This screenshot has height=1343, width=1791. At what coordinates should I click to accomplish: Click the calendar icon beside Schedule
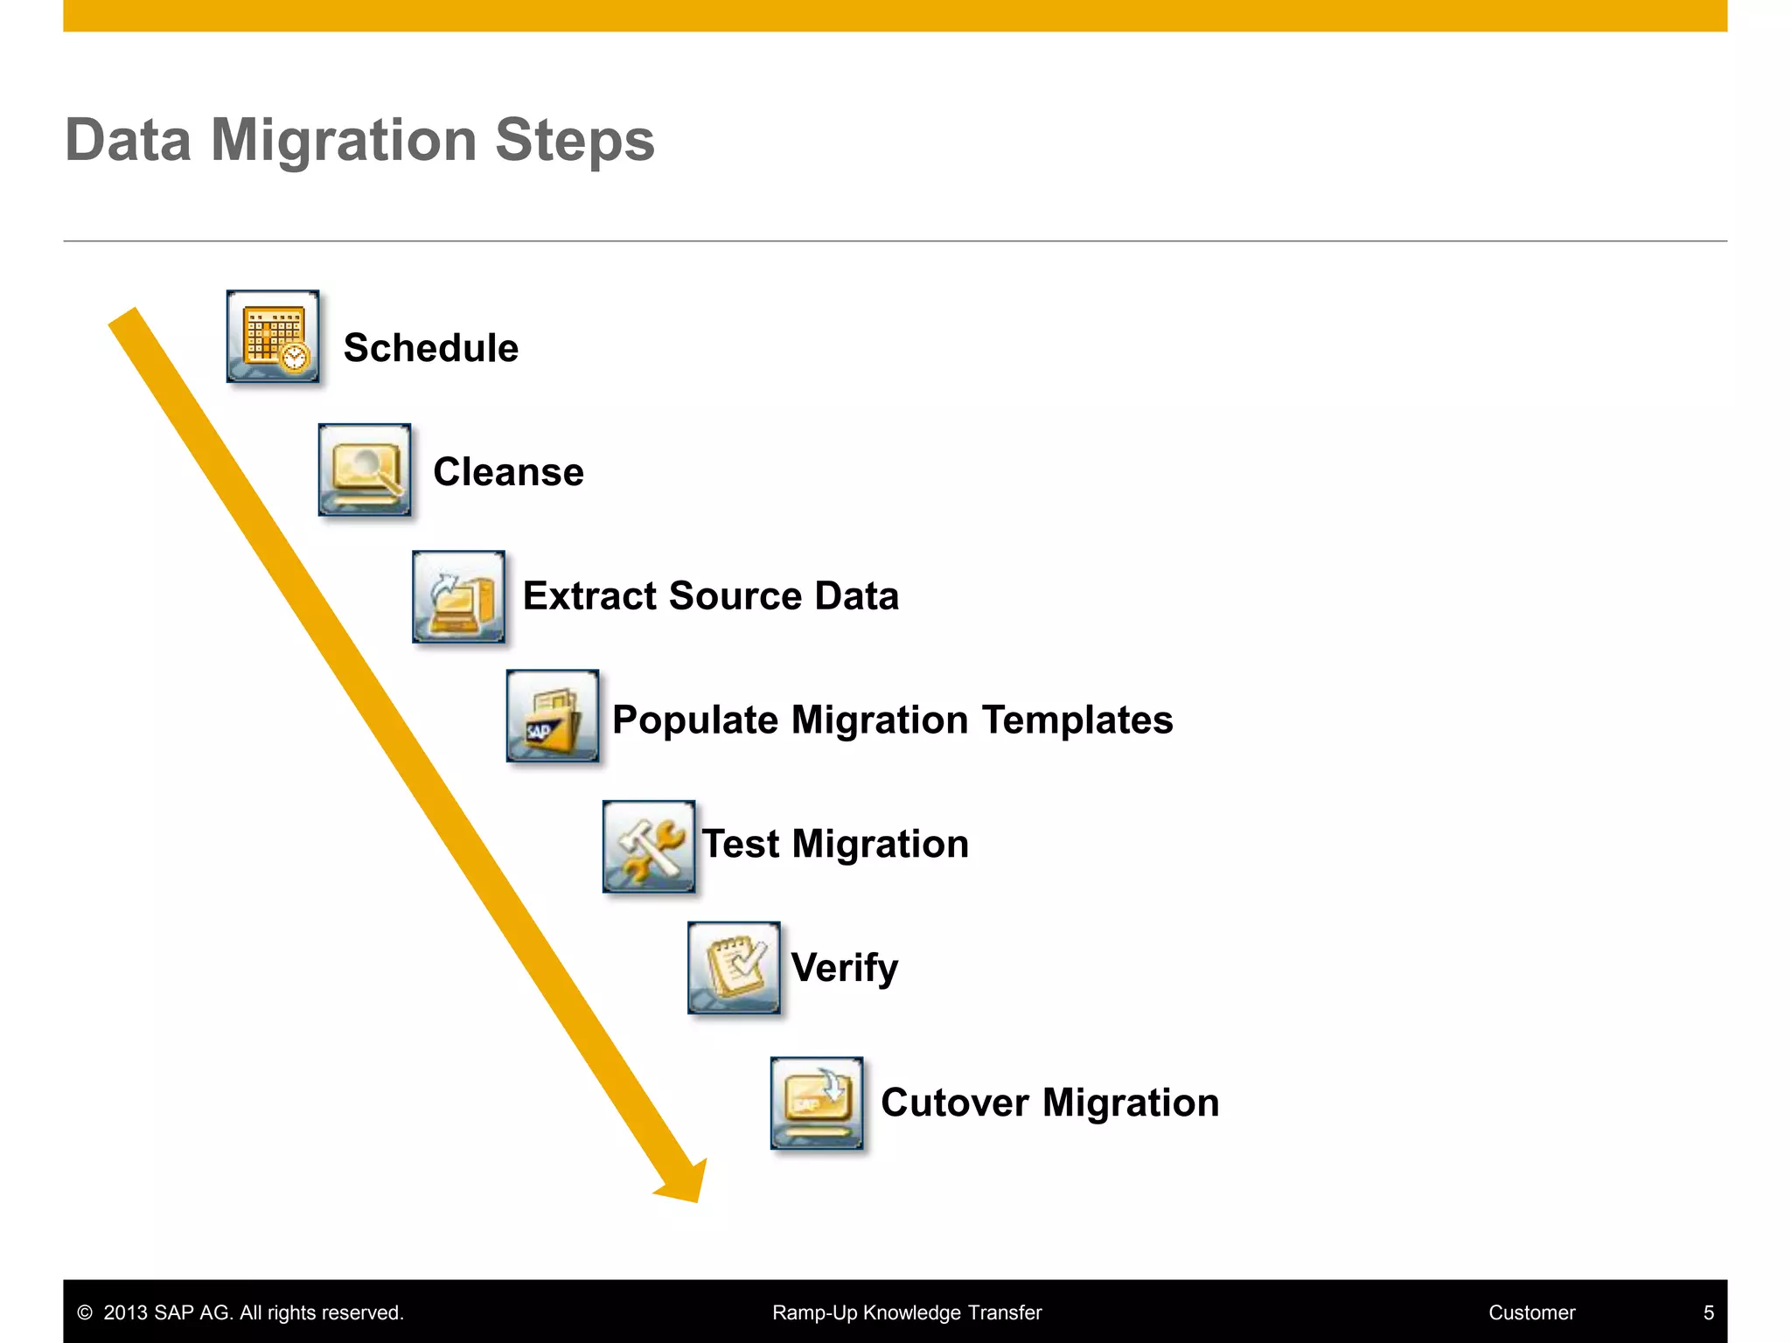273,337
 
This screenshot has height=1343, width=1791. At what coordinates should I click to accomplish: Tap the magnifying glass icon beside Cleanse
365,470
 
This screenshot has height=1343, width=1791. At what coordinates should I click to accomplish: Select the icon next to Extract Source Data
458,596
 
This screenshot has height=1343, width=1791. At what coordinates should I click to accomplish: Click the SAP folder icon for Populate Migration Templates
553,716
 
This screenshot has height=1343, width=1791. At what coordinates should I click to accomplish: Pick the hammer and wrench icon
649,846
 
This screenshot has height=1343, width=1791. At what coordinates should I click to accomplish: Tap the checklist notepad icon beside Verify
734,968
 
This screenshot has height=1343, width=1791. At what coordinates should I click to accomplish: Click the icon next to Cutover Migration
817,1103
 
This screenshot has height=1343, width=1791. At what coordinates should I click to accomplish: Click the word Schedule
431,348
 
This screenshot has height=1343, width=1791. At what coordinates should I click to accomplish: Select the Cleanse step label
508,472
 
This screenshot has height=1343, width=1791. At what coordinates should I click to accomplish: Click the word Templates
1077,720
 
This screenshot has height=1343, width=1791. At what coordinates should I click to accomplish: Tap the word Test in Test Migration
740,845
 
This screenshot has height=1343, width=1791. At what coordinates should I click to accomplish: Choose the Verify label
844,969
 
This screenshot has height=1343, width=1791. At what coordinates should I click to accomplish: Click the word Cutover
954,1103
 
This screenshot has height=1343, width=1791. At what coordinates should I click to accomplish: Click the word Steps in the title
575,141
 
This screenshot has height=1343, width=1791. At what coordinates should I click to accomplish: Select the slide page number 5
1708,1312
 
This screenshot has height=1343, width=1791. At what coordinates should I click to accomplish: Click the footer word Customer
1531,1312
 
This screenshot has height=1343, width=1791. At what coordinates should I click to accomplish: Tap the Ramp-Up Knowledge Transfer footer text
907,1312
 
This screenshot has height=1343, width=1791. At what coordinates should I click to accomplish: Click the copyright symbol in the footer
85,1312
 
